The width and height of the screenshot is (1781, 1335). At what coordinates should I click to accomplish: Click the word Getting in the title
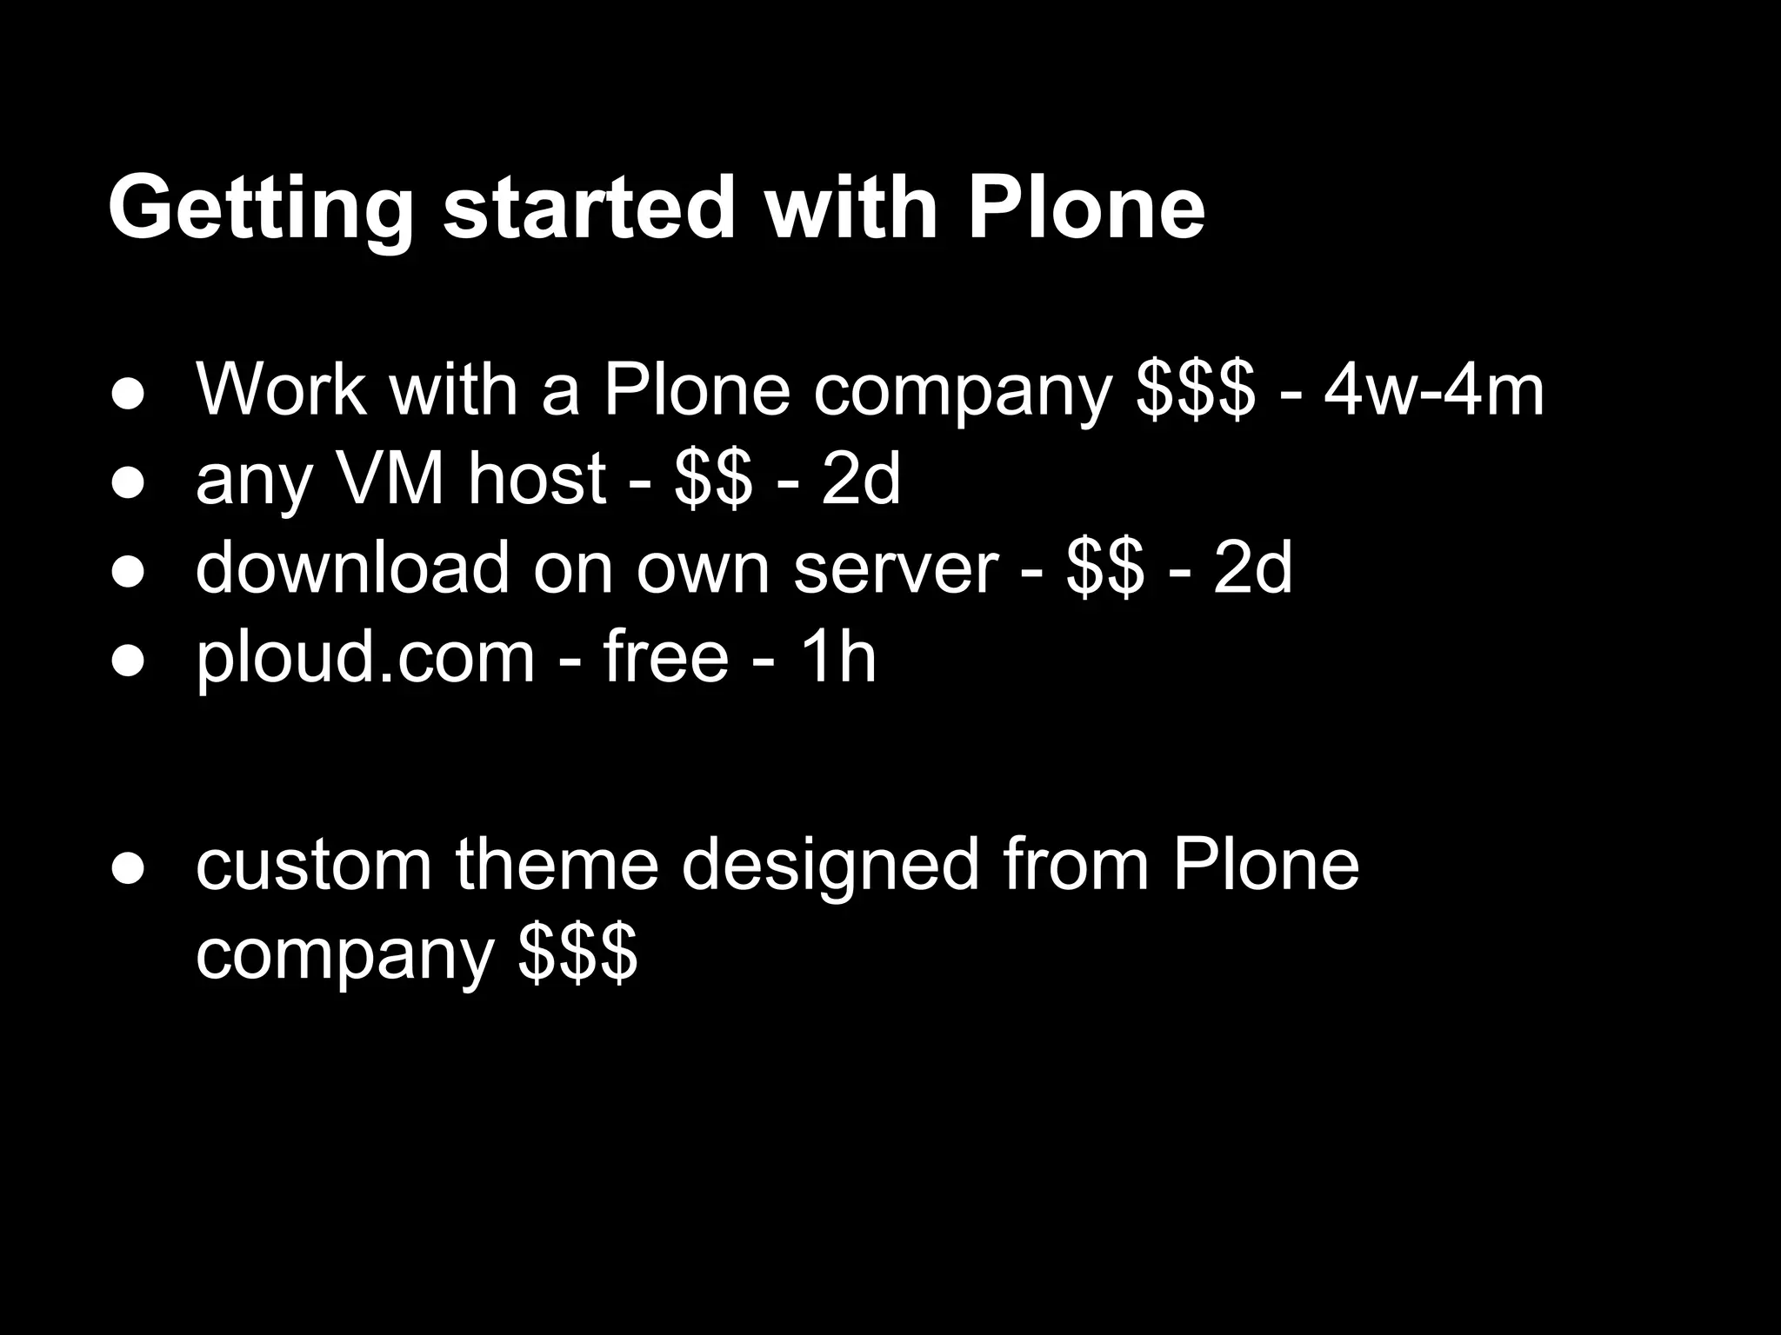(260, 209)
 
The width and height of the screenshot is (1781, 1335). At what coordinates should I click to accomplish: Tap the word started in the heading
(590, 208)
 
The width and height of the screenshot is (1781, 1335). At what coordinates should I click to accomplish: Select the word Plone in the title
(1086, 208)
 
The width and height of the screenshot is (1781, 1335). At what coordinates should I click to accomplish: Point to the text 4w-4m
(1434, 390)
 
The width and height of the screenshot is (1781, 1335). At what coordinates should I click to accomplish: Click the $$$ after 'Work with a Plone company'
(1196, 390)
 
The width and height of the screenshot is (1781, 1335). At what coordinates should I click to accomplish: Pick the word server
(896, 568)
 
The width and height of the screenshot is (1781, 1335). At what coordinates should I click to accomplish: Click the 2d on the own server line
(1253, 568)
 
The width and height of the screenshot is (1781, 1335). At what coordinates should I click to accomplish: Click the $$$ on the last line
(578, 953)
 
